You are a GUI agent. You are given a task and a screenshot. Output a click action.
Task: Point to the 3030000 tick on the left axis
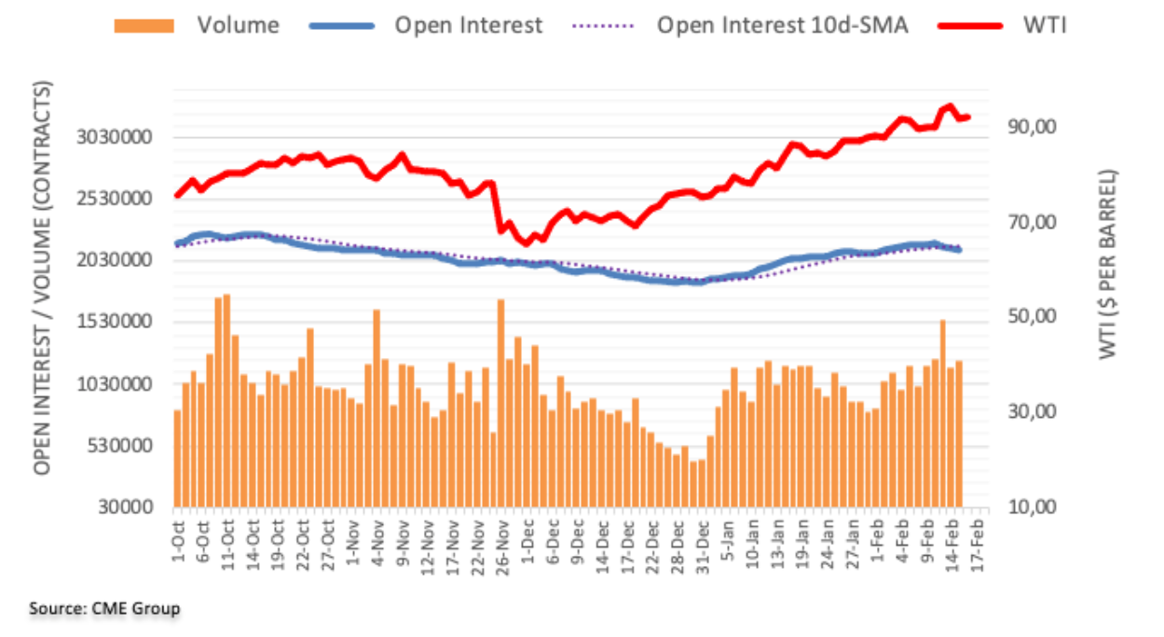coord(115,138)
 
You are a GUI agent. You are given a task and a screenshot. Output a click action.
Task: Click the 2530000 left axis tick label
coord(115,200)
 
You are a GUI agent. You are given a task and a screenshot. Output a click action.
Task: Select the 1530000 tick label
coord(115,323)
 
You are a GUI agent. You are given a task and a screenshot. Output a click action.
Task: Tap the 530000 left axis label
coord(119,446)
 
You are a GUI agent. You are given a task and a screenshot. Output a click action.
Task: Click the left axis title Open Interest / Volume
coord(42,278)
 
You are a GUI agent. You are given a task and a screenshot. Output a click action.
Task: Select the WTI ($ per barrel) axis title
coord(1108,264)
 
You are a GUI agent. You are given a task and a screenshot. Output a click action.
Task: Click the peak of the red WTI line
coord(949,106)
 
